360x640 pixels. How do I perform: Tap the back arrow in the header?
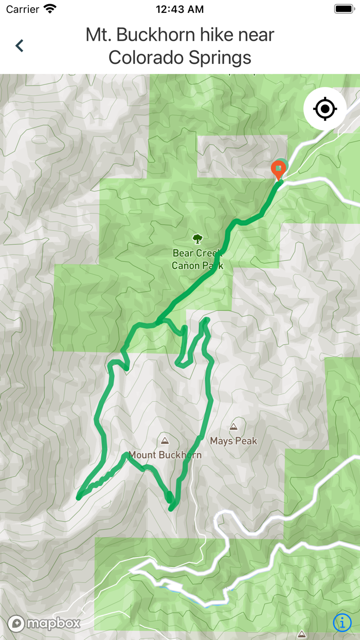tap(20, 46)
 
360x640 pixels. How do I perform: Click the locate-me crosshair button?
tap(325, 109)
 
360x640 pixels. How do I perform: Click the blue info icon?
tap(343, 623)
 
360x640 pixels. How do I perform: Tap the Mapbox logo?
tap(45, 624)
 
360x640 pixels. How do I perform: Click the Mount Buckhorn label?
tap(165, 455)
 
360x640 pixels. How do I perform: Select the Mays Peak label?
tap(233, 441)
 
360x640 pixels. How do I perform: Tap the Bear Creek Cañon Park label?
tap(197, 259)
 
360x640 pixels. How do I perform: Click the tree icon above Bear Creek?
tap(197, 238)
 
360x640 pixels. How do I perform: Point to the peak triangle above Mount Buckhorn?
tap(165, 440)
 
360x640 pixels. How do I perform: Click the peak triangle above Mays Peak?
tap(233, 426)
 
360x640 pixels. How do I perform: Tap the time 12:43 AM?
tap(179, 9)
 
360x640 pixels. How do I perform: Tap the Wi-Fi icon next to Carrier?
tap(50, 9)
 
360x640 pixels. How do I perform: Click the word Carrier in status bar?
tap(22, 9)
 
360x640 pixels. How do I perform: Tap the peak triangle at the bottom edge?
tap(302, 634)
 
